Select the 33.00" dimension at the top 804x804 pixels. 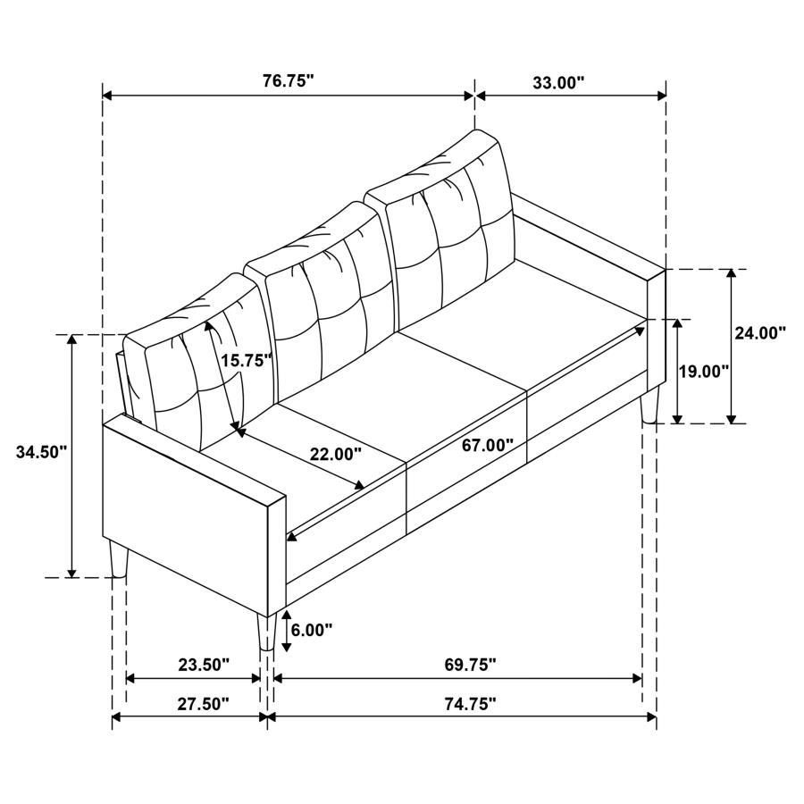tap(558, 82)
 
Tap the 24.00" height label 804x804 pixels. tap(759, 332)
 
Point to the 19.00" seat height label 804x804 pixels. tap(704, 370)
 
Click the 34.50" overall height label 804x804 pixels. tap(41, 452)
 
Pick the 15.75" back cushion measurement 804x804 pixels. tap(246, 360)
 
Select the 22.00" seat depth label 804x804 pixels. tap(336, 454)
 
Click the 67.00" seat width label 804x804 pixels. tap(488, 444)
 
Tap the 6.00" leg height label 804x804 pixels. tap(312, 630)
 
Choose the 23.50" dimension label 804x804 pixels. tap(204, 665)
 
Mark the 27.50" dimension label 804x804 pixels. tap(204, 704)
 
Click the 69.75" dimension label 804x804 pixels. tap(470, 665)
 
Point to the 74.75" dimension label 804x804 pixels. tap(470, 704)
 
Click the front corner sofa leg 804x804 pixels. tap(265, 632)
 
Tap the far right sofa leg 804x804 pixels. tap(649, 405)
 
